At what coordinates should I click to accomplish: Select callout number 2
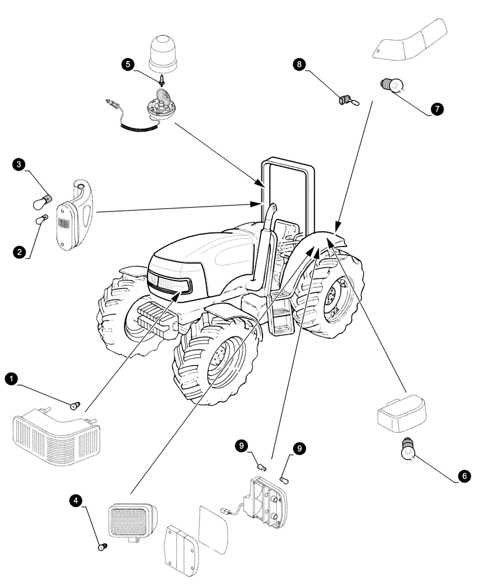(x=20, y=252)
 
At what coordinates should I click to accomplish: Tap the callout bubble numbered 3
(x=19, y=166)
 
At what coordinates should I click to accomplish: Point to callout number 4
(x=74, y=500)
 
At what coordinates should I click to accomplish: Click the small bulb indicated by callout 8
(x=346, y=100)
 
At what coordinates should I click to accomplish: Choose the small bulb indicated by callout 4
(x=102, y=547)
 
